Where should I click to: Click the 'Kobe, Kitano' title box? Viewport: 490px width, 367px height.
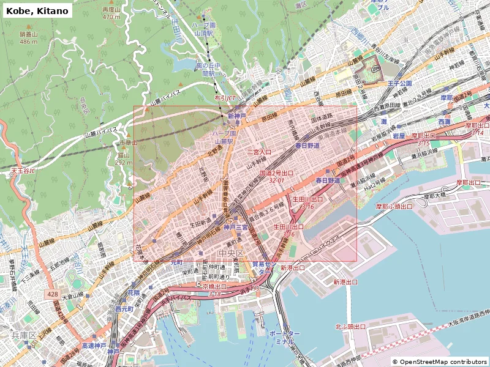36,10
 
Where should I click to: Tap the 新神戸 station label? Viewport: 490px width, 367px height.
236,116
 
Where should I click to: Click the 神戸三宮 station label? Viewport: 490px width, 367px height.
236,227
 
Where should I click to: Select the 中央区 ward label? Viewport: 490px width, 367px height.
231,253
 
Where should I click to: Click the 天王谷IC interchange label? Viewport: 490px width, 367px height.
23,171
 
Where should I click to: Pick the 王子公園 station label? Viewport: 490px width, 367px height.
399,83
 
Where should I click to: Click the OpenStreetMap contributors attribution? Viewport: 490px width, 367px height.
440,361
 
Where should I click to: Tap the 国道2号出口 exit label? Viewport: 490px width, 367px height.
277,173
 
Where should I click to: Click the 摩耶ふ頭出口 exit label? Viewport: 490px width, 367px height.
394,206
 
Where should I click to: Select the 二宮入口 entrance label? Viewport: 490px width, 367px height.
259,151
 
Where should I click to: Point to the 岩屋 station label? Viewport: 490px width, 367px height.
399,135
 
